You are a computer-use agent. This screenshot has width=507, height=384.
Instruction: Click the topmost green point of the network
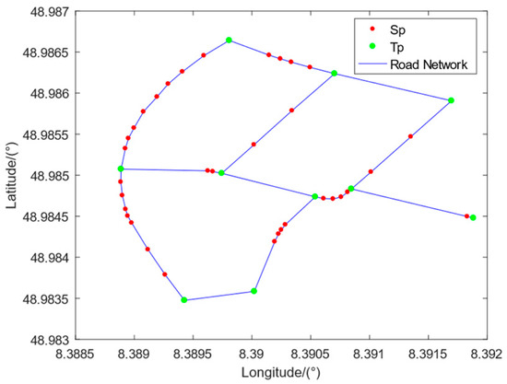tap(229, 41)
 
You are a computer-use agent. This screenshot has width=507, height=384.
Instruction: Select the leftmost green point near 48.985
tap(121, 169)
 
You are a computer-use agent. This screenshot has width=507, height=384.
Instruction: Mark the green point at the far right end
tap(473, 218)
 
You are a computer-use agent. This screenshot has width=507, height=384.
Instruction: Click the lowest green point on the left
tap(184, 300)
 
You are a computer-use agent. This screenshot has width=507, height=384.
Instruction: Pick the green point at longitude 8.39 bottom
tap(253, 291)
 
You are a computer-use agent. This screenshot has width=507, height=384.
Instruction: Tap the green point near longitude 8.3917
tap(451, 100)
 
